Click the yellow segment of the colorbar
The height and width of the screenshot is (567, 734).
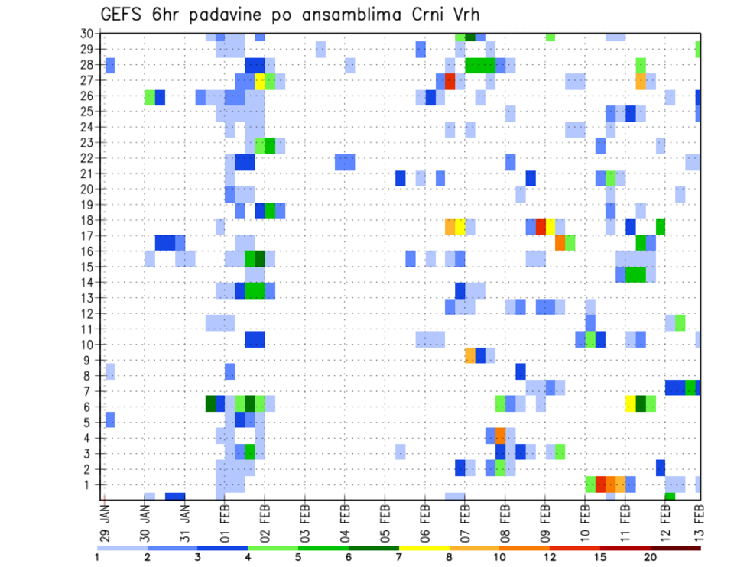424,548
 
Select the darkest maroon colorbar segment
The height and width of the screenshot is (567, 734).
676,548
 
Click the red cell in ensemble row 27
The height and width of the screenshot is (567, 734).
450,81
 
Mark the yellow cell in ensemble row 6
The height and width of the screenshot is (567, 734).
631,403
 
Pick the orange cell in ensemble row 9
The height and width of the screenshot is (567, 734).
470,356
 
